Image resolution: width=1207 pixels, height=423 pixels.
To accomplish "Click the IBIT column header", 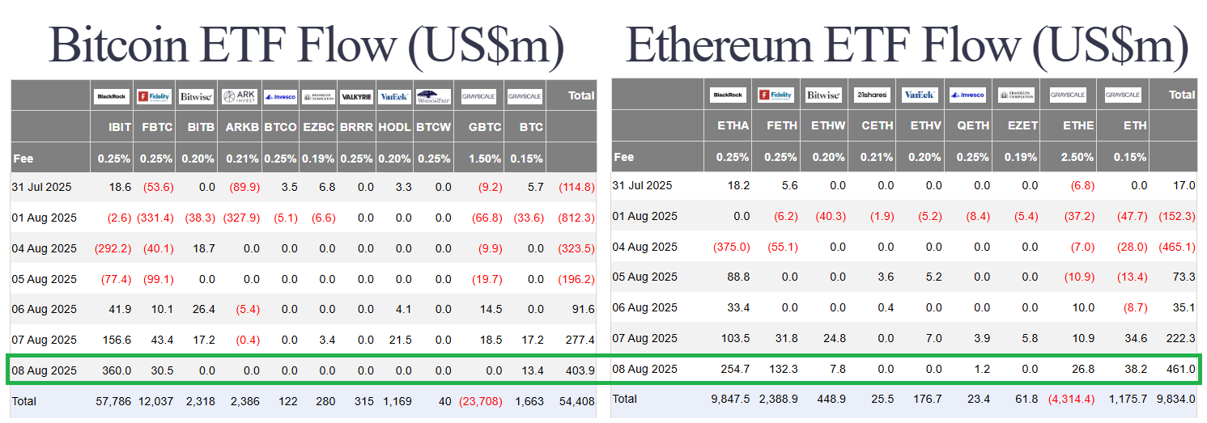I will (x=120, y=127).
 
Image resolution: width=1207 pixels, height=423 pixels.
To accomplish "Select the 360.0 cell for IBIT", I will (x=116, y=370).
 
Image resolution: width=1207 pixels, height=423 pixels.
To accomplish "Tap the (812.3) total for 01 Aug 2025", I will (x=576, y=218).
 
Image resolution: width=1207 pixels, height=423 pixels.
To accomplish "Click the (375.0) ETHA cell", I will (x=732, y=247).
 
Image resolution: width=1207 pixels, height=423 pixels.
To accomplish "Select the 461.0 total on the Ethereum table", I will (x=1180, y=369).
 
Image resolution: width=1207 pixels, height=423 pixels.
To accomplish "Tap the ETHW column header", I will (x=830, y=125).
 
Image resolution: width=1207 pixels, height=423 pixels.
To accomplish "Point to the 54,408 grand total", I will (x=576, y=401).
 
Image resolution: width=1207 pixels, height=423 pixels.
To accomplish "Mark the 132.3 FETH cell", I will (x=782, y=369).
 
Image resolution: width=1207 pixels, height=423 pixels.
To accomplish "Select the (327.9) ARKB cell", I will (x=242, y=218).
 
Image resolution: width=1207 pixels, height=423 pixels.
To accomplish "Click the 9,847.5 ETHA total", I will (x=729, y=399).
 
